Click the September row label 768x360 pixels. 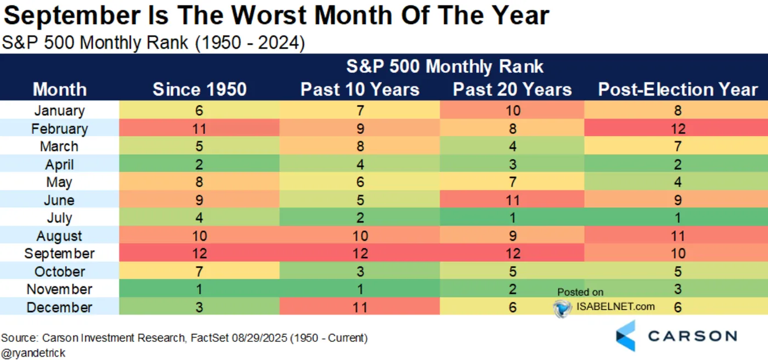click(x=59, y=254)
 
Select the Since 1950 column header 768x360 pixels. click(x=200, y=89)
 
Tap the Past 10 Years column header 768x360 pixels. click(x=360, y=89)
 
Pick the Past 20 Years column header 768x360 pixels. click(x=512, y=89)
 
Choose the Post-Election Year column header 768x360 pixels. click(x=678, y=89)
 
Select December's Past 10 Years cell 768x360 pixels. click(x=360, y=307)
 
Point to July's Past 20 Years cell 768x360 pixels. click(x=512, y=218)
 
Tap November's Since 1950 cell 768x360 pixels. click(x=199, y=289)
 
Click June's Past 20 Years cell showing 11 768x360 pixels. click(x=512, y=200)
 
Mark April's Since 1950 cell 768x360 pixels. click(x=199, y=164)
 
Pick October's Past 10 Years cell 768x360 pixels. click(x=360, y=271)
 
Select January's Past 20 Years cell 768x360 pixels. click(x=512, y=110)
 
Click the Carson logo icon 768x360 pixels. click(x=626, y=336)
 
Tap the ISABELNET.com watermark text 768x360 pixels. click(x=615, y=306)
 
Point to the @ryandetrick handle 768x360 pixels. click(x=33, y=353)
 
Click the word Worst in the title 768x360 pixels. click(x=269, y=15)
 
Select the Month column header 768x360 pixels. click(x=60, y=89)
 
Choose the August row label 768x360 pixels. click(x=59, y=236)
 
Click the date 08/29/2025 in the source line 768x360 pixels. click(x=259, y=338)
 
